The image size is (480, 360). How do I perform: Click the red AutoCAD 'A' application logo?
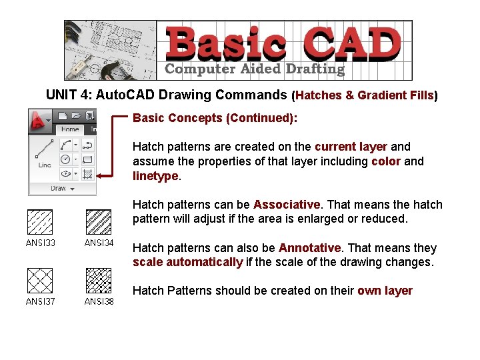pyautogui.click(x=41, y=120)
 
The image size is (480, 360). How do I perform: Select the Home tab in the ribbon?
pyautogui.click(x=70, y=130)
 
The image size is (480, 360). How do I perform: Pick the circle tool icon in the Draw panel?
pyautogui.click(x=65, y=159)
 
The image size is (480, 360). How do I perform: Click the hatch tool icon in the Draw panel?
pyautogui.click(x=87, y=174)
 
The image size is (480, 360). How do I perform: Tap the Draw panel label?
pyautogui.click(x=59, y=189)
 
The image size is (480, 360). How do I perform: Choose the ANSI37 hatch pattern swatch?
pyautogui.click(x=39, y=281)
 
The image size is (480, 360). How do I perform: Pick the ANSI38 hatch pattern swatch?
pyautogui.click(x=99, y=281)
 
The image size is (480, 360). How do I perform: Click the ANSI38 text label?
pyautogui.click(x=99, y=301)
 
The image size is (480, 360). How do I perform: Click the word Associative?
pyautogui.click(x=287, y=205)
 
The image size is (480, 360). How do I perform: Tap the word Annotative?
pyautogui.click(x=309, y=248)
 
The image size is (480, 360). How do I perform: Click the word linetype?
pyautogui.click(x=155, y=176)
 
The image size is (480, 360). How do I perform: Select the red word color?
pyautogui.click(x=386, y=161)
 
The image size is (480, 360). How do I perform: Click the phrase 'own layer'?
pyautogui.click(x=385, y=291)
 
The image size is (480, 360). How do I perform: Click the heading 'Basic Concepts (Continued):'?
pyautogui.click(x=215, y=118)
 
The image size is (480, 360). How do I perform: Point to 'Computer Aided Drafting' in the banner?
pyautogui.click(x=255, y=69)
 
